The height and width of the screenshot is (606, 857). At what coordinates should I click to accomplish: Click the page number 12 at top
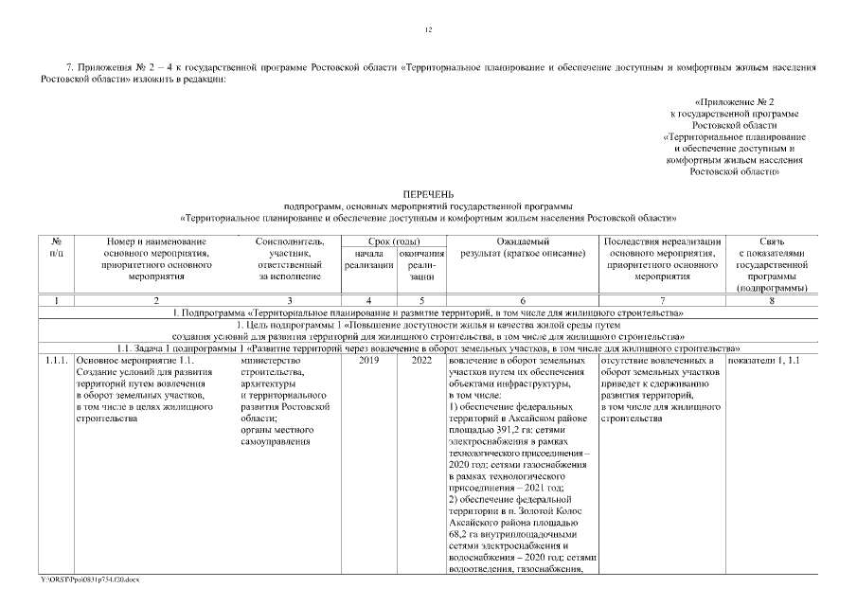(428, 30)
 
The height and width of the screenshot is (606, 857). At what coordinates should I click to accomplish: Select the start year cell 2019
(368, 361)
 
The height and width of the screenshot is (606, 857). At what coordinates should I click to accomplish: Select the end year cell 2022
(421, 361)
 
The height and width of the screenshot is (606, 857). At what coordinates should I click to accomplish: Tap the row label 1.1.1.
(55, 361)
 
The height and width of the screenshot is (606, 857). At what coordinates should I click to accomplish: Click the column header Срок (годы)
(394, 242)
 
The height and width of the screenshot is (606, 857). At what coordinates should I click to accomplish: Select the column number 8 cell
(771, 300)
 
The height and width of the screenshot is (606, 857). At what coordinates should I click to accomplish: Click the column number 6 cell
(523, 300)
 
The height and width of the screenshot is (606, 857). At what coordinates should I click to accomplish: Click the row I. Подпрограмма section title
(428, 312)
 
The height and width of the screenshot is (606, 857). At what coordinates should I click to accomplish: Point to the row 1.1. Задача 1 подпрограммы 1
(428, 348)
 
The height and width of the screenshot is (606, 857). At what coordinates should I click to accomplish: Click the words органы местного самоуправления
(271, 435)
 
